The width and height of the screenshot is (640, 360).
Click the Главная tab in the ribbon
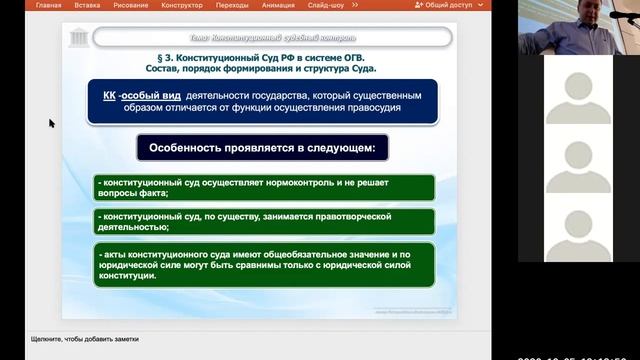(47, 5)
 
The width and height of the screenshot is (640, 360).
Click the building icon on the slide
(76, 39)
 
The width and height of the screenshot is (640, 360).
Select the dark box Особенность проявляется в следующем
(262, 147)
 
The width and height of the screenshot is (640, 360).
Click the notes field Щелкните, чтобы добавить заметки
(84, 339)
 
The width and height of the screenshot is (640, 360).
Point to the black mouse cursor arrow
(51, 123)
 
